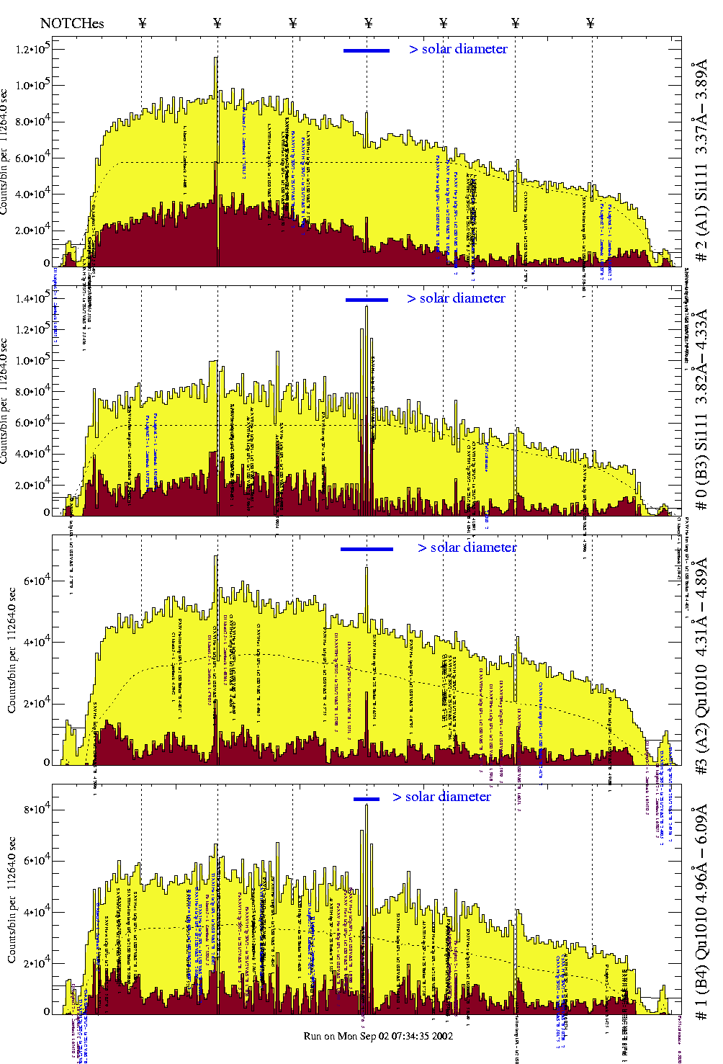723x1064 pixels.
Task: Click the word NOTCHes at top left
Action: [72, 24]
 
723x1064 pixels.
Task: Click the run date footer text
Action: [377, 1036]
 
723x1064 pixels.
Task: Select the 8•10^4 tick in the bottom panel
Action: [35, 809]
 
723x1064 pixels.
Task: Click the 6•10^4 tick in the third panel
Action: [35, 580]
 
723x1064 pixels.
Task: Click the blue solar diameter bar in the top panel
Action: [367, 50]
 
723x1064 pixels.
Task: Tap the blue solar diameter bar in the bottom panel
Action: [367, 799]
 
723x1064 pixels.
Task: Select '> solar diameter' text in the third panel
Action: [467, 547]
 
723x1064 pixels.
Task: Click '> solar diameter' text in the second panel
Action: [456, 298]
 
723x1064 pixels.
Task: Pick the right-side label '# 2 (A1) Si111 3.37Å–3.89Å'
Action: [701, 162]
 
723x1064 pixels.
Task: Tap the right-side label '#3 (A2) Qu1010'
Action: [701, 666]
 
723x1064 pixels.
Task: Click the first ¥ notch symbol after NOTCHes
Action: [142, 23]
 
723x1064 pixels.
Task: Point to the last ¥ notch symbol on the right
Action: [590, 23]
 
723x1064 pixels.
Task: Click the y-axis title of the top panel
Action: [5, 151]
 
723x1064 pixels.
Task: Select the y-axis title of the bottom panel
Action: [12, 900]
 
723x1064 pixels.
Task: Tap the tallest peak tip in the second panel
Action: [367, 307]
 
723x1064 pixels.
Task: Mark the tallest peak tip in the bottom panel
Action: [367, 805]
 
